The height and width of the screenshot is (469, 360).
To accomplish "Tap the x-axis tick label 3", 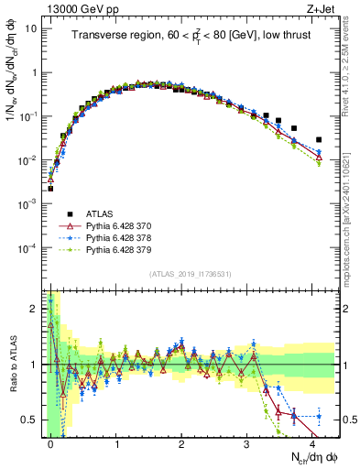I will click(247, 443).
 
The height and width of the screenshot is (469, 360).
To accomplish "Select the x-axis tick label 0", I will click(50, 443).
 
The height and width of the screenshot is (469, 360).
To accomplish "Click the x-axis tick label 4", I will click(312, 443).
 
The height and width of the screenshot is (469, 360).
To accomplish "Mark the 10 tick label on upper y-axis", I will click(31, 28).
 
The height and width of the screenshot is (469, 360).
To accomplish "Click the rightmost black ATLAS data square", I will click(319, 140).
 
